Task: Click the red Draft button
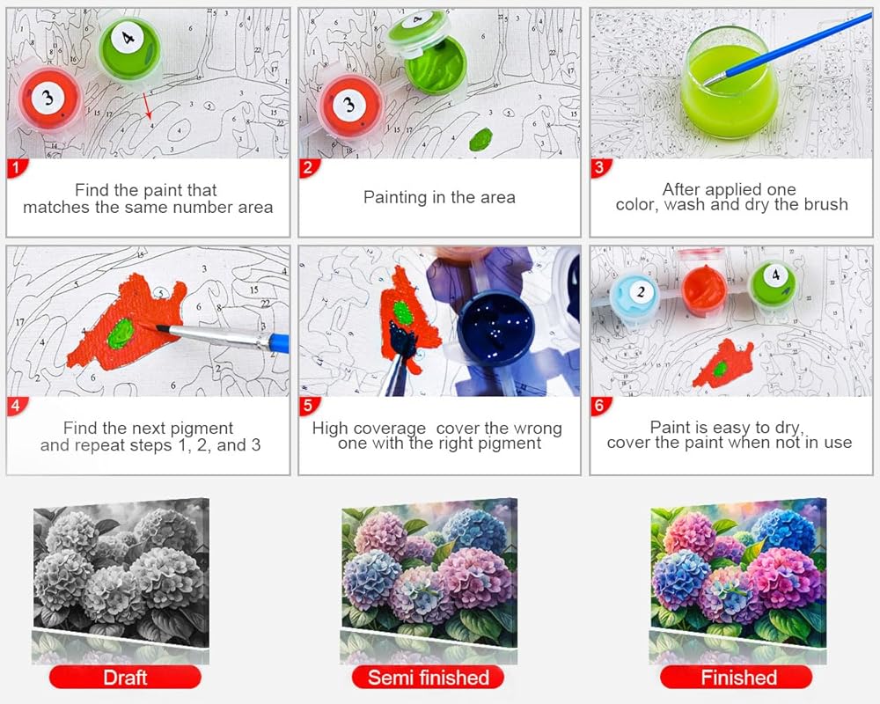(x=125, y=677)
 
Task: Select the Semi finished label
(x=428, y=677)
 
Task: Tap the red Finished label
(x=737, y=677)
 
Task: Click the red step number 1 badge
(x=17, y=168)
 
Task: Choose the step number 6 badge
(x=600, y=406)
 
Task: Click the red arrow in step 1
(x=147, y=106)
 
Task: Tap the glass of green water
(x=729, y=83)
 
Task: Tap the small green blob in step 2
(x=481, y=139)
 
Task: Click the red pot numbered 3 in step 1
(x=49, y=100)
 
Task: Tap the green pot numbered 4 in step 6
(x=774, y=285)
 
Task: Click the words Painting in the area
(x=439, y=198)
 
